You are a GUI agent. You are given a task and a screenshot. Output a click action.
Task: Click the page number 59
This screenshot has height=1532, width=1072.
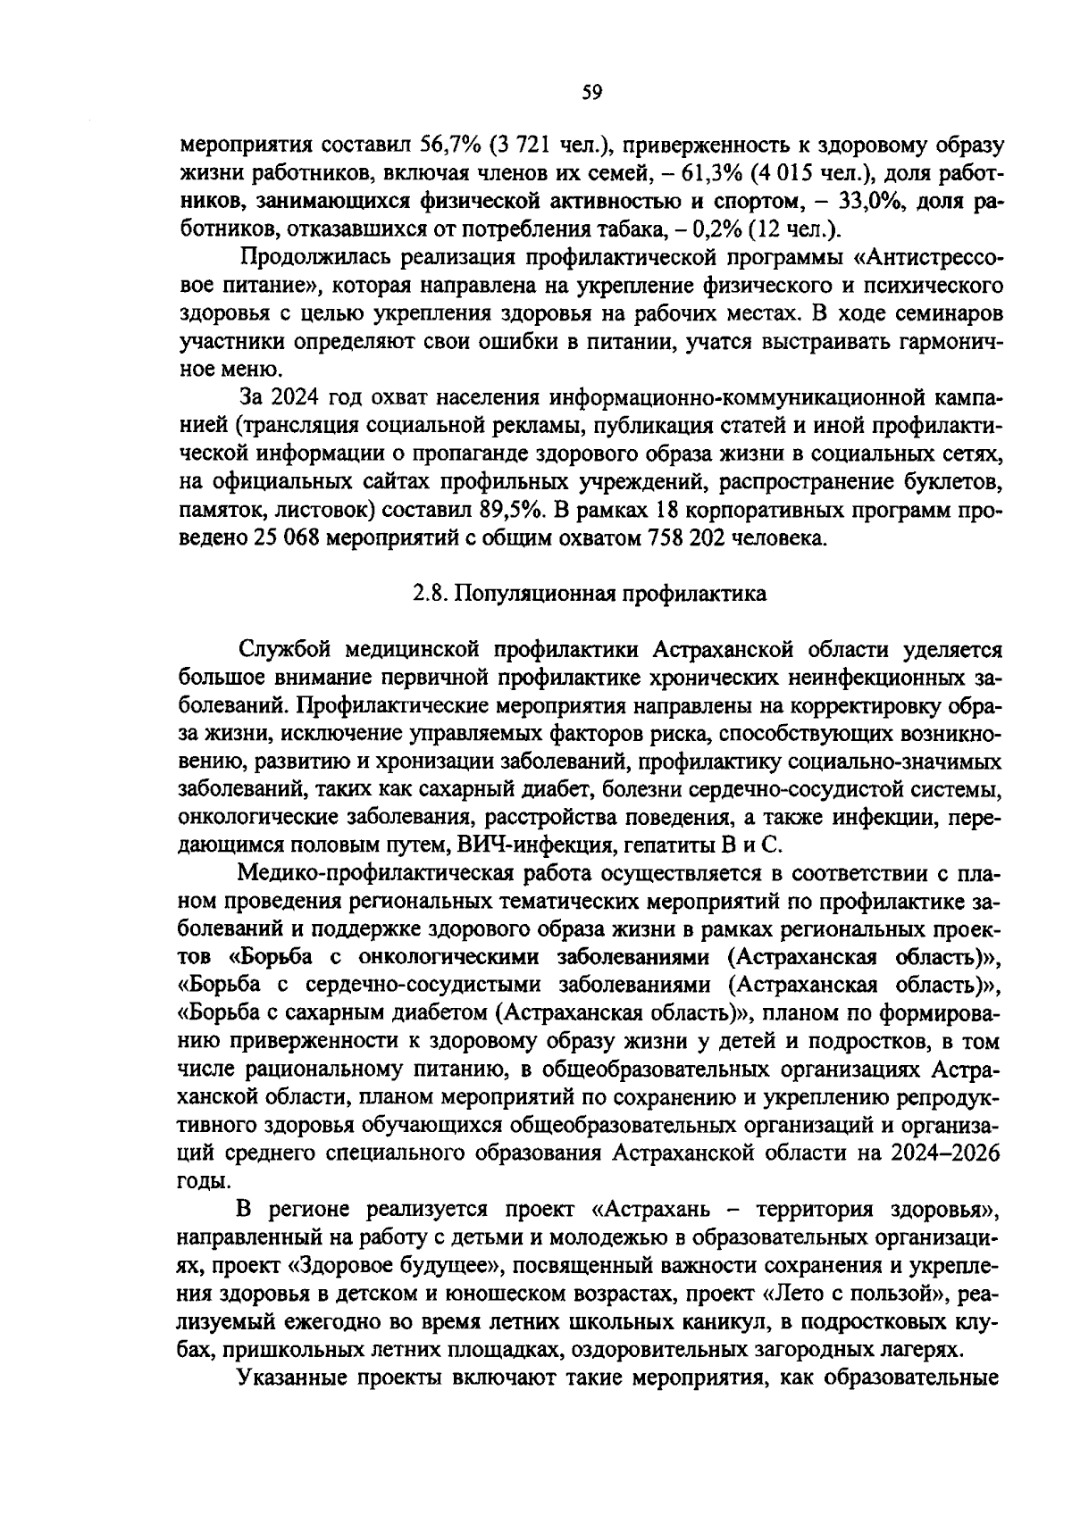coord(592,91)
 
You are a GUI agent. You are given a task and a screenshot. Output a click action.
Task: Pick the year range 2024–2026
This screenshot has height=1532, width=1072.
coord(944,1152)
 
